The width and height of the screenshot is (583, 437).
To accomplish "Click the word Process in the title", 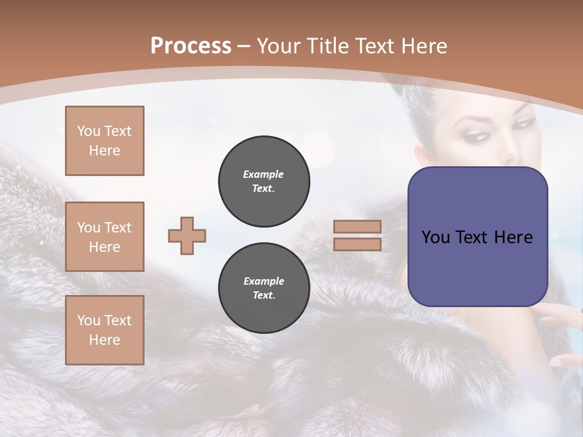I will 191,46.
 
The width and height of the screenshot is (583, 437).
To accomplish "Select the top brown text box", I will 104,141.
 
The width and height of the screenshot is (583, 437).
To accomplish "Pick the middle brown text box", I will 104,237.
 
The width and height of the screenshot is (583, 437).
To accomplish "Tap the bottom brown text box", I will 104,330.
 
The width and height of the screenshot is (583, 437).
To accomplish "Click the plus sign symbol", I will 187,235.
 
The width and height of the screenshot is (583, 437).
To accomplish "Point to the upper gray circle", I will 264,181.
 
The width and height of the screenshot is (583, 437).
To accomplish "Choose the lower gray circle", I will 264,288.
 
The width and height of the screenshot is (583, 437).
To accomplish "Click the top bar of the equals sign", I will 357,227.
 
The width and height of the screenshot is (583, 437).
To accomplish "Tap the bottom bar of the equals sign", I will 357,244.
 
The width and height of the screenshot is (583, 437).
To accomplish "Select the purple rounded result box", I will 477,237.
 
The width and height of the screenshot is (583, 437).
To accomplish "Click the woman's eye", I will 522,124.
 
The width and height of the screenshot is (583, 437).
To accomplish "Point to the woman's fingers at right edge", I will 562,316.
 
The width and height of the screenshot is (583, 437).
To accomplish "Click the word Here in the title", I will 423,46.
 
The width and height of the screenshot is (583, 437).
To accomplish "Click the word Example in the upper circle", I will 264,174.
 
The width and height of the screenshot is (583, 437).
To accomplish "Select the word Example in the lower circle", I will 264,281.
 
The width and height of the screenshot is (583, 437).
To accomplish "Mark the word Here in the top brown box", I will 104,151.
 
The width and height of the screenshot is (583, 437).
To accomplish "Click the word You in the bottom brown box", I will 88,320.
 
